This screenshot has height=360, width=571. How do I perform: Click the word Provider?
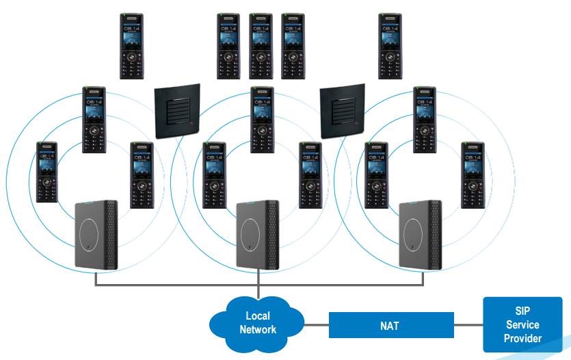coord(522,338)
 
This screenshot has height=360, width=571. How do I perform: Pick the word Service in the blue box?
coord(522,325)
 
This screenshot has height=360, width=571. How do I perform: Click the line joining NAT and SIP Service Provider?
coord(468,325)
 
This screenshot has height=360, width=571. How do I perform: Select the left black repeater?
coord(177,110)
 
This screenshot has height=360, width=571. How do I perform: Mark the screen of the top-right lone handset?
coord(390,34)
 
